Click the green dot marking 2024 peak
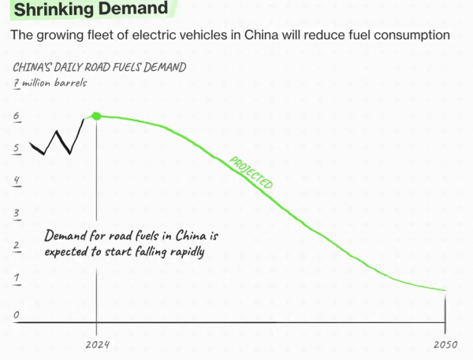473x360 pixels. pyautogui.click(x=96, y=117)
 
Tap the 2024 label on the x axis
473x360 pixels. pyautogui.click(x=97, y=345)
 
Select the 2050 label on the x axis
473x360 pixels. pyautogui.click(x=445, y=345)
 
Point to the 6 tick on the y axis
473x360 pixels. pyautogui.click(x=16, y=117)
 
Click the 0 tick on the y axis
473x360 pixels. pyautogui.click(x=16, y=316)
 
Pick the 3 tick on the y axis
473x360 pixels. pyautogui.click(x=16, y=215)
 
